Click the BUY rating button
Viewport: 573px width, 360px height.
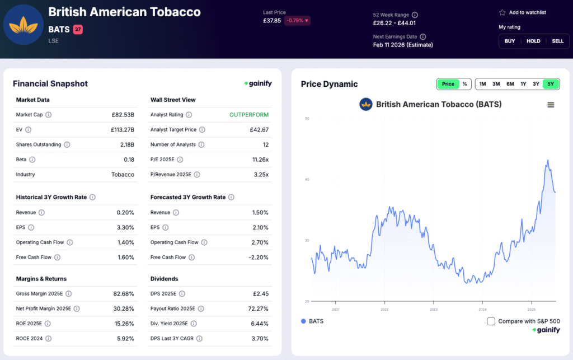click(510, 41)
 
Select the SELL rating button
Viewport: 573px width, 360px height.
click(557, 41)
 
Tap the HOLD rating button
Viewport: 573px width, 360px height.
click(533, 41)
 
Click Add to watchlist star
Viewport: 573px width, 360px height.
click(502, 12)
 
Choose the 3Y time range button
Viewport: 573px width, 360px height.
click(536, 84)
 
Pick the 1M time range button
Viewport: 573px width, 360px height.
click(482, 84)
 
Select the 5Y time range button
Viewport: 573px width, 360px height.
click(551, 84)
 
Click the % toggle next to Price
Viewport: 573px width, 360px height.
click(464, 84)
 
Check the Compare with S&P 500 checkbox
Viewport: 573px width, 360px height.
click(491, 321)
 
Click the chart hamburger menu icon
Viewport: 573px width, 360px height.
click(551, 105)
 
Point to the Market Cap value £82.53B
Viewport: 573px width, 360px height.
click(123, 115)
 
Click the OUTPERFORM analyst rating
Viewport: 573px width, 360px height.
click(248, 115)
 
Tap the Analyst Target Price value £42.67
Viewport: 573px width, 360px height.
click(259, 130)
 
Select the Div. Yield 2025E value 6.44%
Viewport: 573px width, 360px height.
click(258, 324)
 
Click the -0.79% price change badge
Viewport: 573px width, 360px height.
click(297, 21)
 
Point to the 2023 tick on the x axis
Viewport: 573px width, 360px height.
click(434, 309)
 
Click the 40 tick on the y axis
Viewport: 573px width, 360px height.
click(307, 180)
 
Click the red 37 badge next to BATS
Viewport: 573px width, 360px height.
click(78, 29)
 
